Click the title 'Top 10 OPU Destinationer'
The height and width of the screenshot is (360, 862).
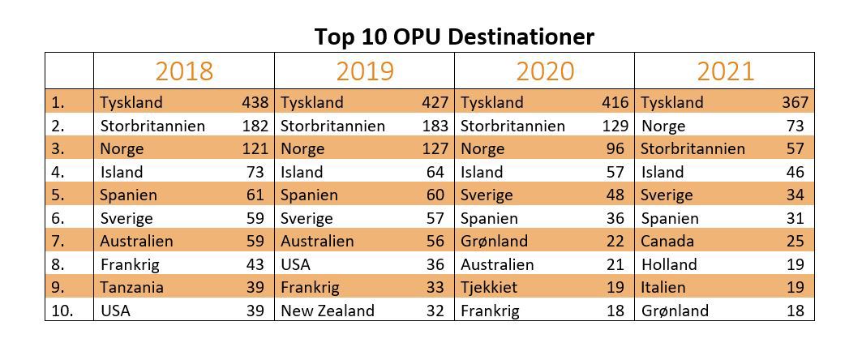click(x=454, y=36)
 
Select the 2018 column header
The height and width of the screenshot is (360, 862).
click(x=184, y=71)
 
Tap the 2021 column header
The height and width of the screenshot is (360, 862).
click(x=725, y=71)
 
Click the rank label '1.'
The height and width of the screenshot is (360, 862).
click(x=58, y=103)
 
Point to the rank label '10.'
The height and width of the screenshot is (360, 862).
click(x=62, y=311)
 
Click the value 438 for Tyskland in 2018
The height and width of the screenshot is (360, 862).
click(x=255, y=103)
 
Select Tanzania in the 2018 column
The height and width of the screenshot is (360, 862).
click(x=131, y=288)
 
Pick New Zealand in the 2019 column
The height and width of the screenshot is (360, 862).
click(x=328, y=311)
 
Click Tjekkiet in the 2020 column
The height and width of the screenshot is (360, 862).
click(x=489, y=288)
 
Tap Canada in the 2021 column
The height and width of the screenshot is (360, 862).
click(x=667, y=242)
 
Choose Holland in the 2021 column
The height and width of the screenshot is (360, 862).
click(x=669, y=264)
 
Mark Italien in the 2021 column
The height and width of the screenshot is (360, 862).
click(x=663, y=288)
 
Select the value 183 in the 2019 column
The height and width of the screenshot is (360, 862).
click(x=435, y=126)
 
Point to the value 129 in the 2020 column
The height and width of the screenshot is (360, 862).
click(x=615, y=126)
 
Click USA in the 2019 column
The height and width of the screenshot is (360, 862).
click(x=296, y=264)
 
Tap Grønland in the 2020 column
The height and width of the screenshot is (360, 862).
click(x=494, y=242)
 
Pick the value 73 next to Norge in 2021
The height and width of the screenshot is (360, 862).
click(x=795, y=126)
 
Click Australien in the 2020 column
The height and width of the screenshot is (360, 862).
click(x=497, y=264)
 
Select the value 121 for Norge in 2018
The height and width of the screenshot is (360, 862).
click(x=255, y=149)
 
